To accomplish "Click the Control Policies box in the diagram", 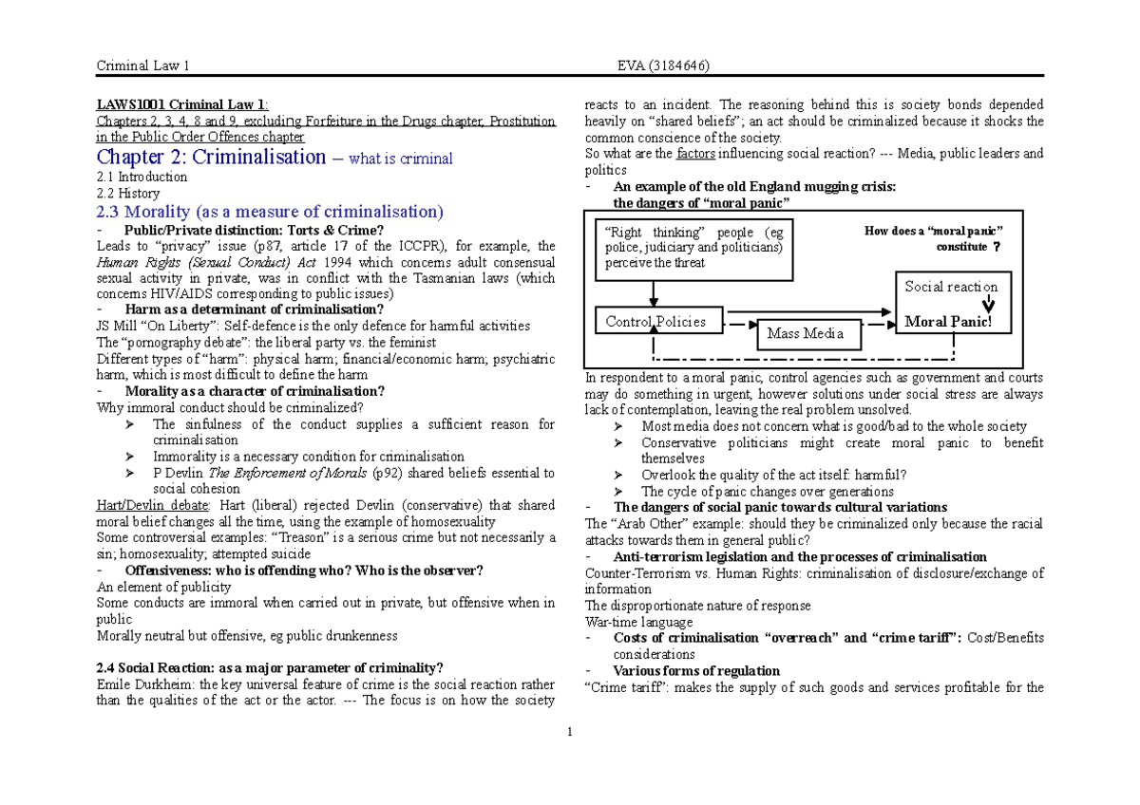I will pyautogui.click(x=655, y=321).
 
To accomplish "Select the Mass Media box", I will pyautogui.click(x=804, y=333).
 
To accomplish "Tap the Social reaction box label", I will pyautogui.click(x=950, y=287).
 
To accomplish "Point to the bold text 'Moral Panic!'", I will pyautogui.click(x=947, y=322).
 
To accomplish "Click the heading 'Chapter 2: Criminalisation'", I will pyautogui.click(x=211, y=158).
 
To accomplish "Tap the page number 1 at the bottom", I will pyautogui.click(x=569, y=732).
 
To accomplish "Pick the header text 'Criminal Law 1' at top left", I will pyautogui.click(x=142, y=65).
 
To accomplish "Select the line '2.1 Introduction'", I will pyautogui.click(x=142, y=177).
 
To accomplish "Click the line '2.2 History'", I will pyautogui.click(x=128, y=193).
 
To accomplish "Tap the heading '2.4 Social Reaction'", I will pyautogui.click(x=270, y=666).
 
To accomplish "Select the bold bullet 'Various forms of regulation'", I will pyautogui.click(x=696, y=671).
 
